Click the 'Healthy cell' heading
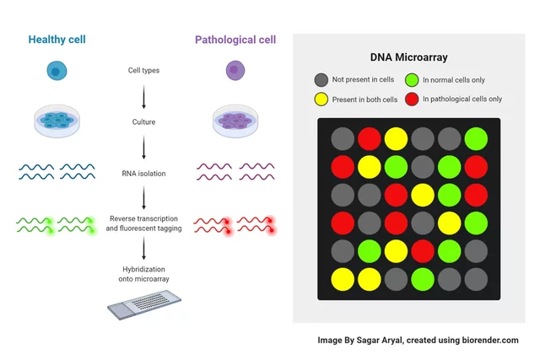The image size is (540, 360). pyautogui.click(x=57, y=40)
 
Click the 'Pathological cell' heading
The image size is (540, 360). pyautogui.click(x=235, y=40)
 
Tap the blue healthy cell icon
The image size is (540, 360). pyautogui.click(x=56, y=72)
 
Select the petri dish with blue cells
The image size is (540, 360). pyautogui.click(x=57, y=121)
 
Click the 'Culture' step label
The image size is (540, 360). pyautogui.click(x=143, y=122)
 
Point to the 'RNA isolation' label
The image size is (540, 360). pyautogui.click(x=143, y=174)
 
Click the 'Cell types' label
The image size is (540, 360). pyautogui.click(x=143, y=71)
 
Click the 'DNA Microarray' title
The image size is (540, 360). pyautogui.click(x=408, y=57)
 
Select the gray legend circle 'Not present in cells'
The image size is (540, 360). pyautogui.click(x=321, y=80)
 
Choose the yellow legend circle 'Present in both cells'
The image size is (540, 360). pyautogui.click(x=321, y=99)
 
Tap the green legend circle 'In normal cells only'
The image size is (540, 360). pyautogui.click(x=412, y=80)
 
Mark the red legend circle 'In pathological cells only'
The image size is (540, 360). pyautogui.click(x=412, y=99)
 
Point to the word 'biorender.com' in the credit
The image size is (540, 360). pyautogui.click(x=483, y=341)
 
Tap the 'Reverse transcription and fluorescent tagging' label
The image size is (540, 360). pyautogui.click(x=143, y=223)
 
